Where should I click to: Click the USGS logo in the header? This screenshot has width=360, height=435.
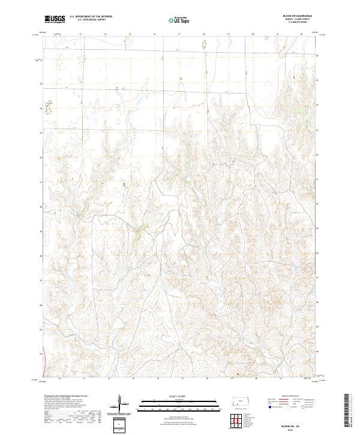(55, 19)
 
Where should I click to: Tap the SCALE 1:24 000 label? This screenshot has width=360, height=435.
(179, 397)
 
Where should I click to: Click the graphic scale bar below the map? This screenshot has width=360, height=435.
(179, 403)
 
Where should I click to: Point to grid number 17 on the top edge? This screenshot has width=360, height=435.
(179, 34)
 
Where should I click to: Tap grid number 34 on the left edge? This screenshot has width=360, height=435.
(41, 109)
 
